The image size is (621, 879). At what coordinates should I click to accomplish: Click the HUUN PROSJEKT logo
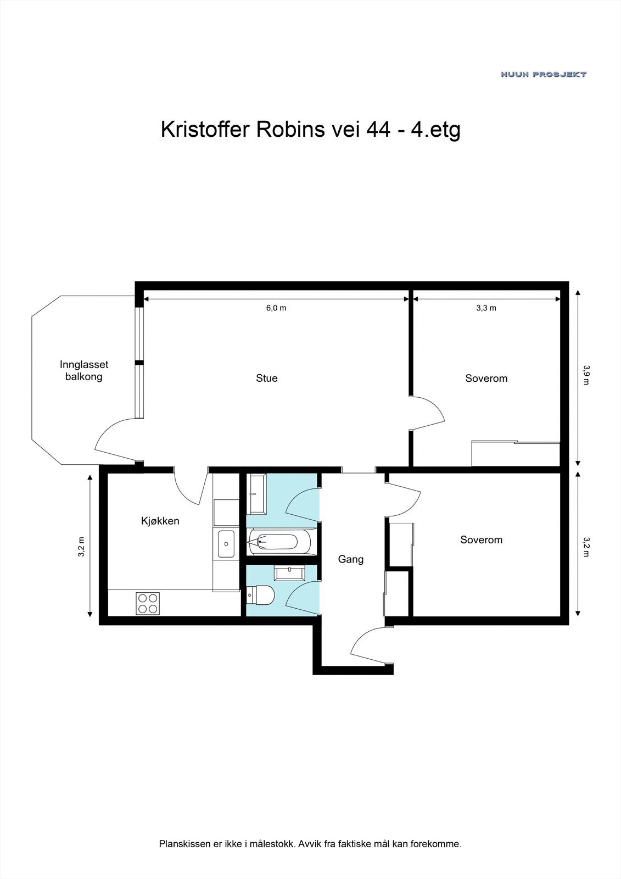tap(544, 74)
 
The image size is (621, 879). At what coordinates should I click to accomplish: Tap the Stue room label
tap(267, 378)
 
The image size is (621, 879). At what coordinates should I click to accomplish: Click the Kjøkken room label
tap(160, 521)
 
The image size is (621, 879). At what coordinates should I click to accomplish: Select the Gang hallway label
tap(351, 559)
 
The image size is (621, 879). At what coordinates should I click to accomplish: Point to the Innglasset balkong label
tap(84, 370)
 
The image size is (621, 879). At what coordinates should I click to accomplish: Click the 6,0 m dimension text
tap(276, 308)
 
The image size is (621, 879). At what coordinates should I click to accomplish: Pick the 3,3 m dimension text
tap(486, 308)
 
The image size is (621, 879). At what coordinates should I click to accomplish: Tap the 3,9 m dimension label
tap(586, 375)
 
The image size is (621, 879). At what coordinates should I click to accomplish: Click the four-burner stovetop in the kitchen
tap(148, 604)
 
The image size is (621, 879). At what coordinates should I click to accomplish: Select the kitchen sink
tap(226, 543)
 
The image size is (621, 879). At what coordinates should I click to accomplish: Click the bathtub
tap(279, 542)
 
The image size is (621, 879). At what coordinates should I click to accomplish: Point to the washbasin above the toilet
tap(289, 574)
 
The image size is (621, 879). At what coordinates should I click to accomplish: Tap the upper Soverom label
tap(486, 379)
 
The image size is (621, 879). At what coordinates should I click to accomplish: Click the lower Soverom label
tap(482, 539)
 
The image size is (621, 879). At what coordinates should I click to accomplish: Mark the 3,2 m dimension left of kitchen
tap(82, 547)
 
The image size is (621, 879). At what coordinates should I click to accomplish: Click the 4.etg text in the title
tap(435, 130)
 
